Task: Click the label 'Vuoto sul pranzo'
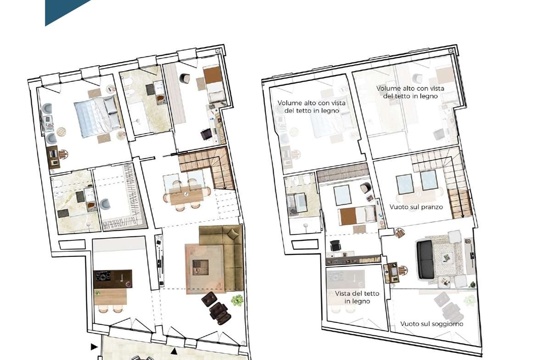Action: [x=416, y=207]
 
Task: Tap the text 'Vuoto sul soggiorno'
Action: [x=431, y=324]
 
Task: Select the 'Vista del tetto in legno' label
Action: [x=357, y=297]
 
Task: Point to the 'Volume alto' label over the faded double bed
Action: [x=311, y=106]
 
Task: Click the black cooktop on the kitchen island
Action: [x=103, y=276]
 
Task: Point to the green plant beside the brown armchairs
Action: [x=237, y=300]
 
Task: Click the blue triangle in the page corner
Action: [x=65, y=10]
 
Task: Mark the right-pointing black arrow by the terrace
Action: [x=94, y=347]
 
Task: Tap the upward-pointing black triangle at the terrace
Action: [x=174, y=351]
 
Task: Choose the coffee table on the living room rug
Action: [x=201, y=267]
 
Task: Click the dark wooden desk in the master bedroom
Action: [x=54, y=157]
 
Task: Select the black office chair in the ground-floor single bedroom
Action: [x=206, y=134]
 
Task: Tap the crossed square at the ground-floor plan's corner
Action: [x=218, y=50]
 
